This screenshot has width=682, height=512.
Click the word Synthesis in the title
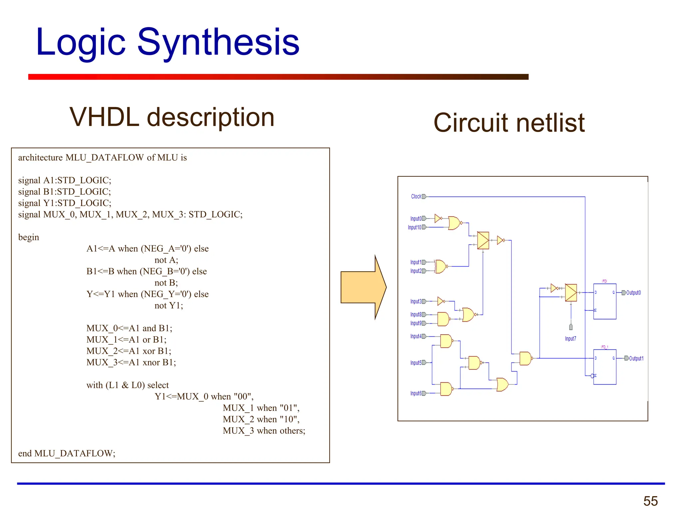[218, 43]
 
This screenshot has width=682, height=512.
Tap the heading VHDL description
[172, 117]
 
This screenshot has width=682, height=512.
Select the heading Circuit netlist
[509, 123]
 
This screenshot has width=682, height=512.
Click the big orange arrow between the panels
[363, 287]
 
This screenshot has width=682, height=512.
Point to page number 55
[650, 501]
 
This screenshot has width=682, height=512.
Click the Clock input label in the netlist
[416, 197]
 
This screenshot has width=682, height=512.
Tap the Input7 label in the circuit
[570, 339]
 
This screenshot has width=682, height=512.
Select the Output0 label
[633, 293]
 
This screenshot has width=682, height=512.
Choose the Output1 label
[636, 358]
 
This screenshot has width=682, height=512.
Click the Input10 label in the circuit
[414, 227]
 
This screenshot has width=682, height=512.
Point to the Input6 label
[416, 393]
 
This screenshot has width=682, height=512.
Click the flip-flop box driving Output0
[604, 301]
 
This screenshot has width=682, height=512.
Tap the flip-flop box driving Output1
[604, 367]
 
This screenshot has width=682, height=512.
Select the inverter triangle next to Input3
[441, 301]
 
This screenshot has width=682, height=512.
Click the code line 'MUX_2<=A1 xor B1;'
[129, 351]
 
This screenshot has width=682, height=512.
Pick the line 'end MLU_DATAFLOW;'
[67, 453]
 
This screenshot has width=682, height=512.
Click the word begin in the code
[29, 237]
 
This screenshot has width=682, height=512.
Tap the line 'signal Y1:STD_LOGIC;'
[65, 203]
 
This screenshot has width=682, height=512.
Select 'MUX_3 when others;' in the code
[264, 431]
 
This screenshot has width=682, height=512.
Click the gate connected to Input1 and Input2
[441, 267]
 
